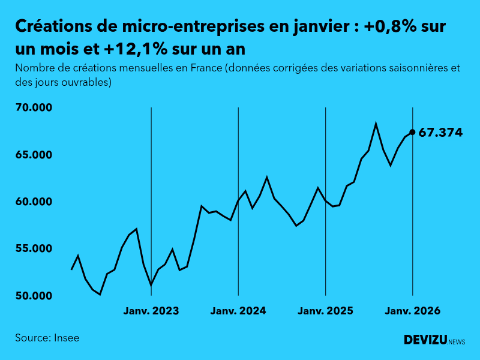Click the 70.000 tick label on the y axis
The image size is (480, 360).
(x=35, y=107)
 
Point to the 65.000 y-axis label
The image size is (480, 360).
(x=35, y=155)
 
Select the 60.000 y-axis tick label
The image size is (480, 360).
(x=35, y=202)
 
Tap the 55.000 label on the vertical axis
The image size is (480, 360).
(x=35, y=248)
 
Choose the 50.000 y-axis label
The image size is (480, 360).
(x=35, y=296)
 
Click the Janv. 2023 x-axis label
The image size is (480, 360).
(x=151, y=311)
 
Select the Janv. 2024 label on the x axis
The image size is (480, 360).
(x=238, y=311)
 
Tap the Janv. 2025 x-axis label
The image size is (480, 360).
(x=325, y=311)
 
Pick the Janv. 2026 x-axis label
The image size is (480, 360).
(x=412, y=311)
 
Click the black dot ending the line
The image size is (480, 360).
(x=412, y=132)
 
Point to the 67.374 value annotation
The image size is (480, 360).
(x=440, y=133)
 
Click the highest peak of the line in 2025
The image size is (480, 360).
(x=376, y=124)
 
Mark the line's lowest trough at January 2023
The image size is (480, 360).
(x=151, y=285)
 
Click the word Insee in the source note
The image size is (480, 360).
(x=66, y=338)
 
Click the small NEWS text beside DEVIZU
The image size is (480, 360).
(x=457, y=342)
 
